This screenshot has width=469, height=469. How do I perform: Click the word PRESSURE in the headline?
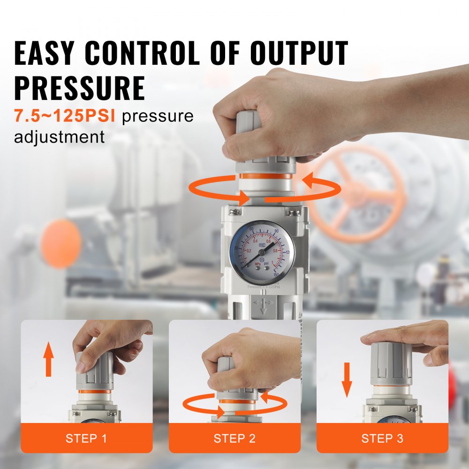pyautogui.click(x=80, y=87)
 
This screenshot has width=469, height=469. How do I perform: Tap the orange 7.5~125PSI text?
pyautogui.click(x=64, y=116)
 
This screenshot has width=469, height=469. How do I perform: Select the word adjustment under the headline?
pyautogui.click(x=59, y=137)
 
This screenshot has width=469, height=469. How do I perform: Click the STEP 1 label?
pyautogui.click(x=86, y=439)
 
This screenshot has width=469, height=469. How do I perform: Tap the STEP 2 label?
pyautogui.click(x=234, y=439)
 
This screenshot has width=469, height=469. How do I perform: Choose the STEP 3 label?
pyautogui.click(x=382, y=439)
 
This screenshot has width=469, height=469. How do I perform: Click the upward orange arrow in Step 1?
pyautogui.click(x=48, y=359)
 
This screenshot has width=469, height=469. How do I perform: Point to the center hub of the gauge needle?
pyautogui.click(x=263, y=251)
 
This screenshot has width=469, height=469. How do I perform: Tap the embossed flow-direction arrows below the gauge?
pyautogui.click(x=263, y=305)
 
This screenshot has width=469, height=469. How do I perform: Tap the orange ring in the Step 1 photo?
pyautogui.click(x=95, y=391)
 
